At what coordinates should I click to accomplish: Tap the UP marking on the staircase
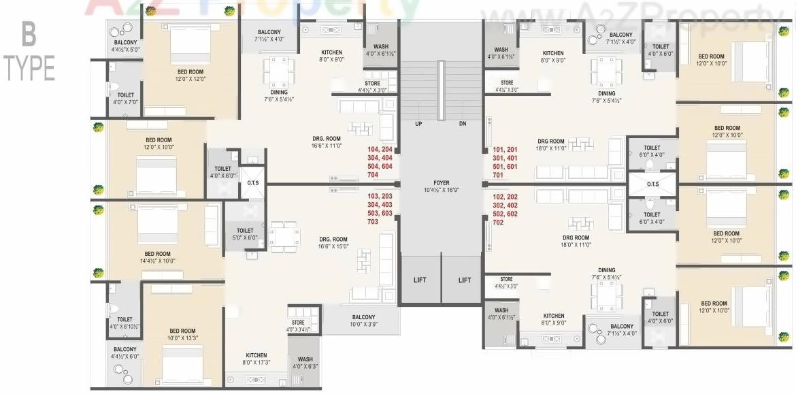pyautogui.click(x=418, y=124)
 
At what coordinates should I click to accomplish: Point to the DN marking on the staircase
pyautogui.click(x=463, y=124)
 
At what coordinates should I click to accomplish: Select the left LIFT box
pyautogui.click(x=420, y=280)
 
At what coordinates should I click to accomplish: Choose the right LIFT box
pyautogui.click(x=465, y=280)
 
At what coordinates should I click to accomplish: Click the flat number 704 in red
pyautogui.click(x=372, y=175)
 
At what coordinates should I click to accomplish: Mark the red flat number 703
pyautogui.click(x=372, y=222)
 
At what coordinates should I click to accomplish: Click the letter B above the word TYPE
pyautogui.click(x=29, y=33)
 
